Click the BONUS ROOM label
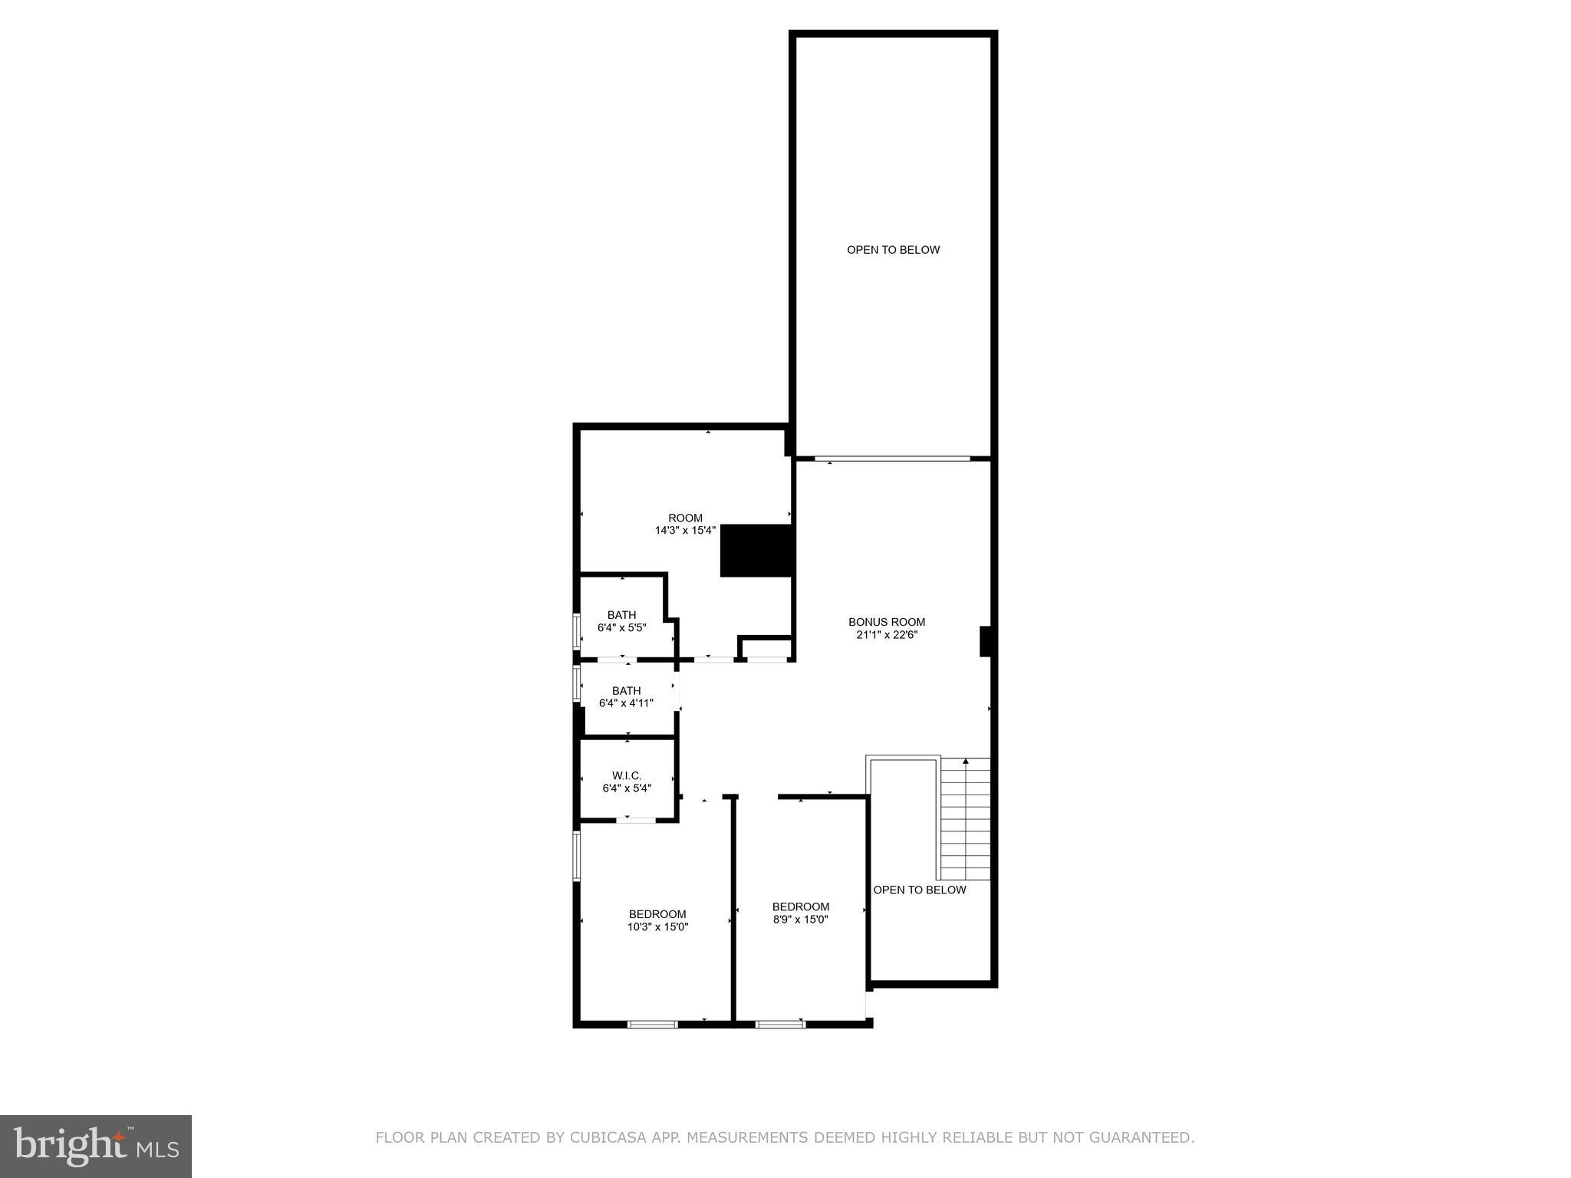887,622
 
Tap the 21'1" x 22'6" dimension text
887,635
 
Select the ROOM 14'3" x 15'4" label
685,524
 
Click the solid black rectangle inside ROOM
756,551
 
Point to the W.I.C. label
627,775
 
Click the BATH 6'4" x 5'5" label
622,621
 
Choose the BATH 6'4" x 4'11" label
626,696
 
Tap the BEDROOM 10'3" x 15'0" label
657,920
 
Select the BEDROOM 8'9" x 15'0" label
801,913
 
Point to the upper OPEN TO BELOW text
893,250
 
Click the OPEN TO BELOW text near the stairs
920,890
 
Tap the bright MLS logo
96,1147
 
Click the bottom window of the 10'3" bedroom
652,1024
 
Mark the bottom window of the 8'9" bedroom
780,1024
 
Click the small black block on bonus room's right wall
986,642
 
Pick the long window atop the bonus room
892,459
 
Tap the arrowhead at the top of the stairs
966,761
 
